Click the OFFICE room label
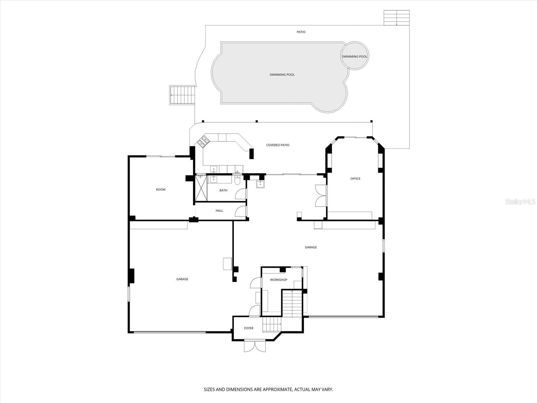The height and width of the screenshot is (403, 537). (x=355, y=179)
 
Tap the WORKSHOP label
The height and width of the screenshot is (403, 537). (x=279, y=280)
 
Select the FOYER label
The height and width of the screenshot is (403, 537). (x=249, y=328)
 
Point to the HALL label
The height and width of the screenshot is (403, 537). (x=219, y=211)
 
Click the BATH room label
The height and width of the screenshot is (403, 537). (x=223, y=190)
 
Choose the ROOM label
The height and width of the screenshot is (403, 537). (x=161, y=190)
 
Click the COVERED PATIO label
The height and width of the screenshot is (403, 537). (x=278, y=145)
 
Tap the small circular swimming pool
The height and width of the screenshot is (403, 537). (x=355, y=56)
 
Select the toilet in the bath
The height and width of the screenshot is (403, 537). (x=237, y=181)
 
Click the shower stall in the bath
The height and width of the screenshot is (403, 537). (x=201, y=189)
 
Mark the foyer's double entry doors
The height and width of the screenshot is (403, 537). (x=255, y=346)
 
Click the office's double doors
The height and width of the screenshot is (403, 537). (x=321, y=195)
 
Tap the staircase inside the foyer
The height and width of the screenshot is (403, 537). (x=271, y=324)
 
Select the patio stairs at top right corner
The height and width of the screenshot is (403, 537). (x=397, y=17)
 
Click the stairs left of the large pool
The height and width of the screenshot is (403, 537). (x=183, y=95)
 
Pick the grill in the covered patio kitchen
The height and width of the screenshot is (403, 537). (x=203, y=141)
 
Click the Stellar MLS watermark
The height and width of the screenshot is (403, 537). (x=520, y=202)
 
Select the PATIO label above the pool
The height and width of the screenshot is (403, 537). (x=301, y=32)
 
